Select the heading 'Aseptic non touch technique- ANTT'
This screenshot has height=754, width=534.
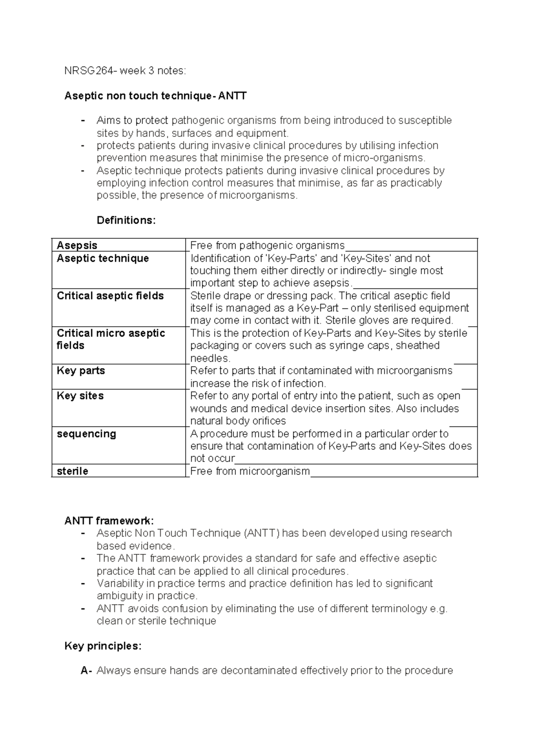point(155,96)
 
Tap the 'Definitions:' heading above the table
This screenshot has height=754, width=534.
point(126,221)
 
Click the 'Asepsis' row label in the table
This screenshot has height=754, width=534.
point(77,245)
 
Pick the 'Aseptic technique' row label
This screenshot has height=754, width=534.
point(103,258)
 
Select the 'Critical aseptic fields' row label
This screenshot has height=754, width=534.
point(110,296)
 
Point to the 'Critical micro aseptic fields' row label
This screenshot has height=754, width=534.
point(111,339)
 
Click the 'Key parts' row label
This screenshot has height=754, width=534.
point(81,371)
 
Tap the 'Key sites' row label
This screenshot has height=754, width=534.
point(80,396)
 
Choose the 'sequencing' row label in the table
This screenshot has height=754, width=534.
point(86,434)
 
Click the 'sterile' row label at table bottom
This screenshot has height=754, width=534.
point(73,471)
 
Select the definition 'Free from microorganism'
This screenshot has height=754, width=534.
point(250,471)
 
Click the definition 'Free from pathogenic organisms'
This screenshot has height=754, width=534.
point(267,245)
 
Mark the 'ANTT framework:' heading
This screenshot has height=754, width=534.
point(109,521)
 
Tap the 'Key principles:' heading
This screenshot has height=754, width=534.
point(103,646)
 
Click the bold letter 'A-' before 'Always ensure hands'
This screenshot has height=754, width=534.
point(86,671)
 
